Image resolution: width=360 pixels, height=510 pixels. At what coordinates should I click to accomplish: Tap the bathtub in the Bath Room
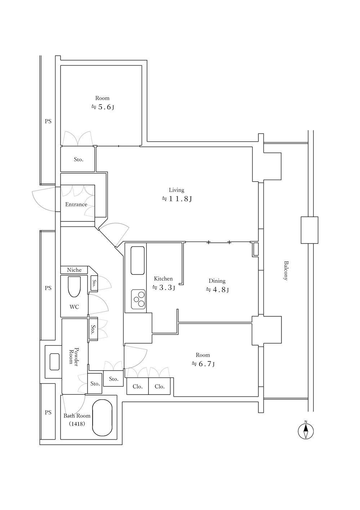pyautogui.click(x=102, y=418)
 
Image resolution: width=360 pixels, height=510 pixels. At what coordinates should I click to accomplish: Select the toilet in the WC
pyautogui.click(x=74, y=286)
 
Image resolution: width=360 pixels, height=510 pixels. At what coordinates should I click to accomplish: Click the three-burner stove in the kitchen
pyautogui.click(x=138, y=299)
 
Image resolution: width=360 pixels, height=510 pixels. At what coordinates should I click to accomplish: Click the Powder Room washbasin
pyautogui.click(x=54, y=362)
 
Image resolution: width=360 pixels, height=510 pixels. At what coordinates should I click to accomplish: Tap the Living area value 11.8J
pyautogui.click(x=177, y=199)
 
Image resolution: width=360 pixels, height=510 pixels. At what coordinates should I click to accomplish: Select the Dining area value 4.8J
pyautogui.click(x=217, y=290)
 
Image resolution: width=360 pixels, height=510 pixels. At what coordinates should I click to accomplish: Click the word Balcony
pyautogui.click(x=286, y=271)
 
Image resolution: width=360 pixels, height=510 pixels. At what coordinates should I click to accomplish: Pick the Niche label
pyautogui.click(x=74, y=270)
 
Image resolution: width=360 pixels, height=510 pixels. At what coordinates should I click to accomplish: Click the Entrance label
pyautogui.click(x=76, y=204)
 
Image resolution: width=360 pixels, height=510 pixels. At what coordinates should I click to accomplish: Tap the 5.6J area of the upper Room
pyautogui.click(x=103, y=107)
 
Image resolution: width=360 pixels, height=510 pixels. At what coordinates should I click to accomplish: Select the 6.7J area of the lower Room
pyautogui.click(x=203, y=364)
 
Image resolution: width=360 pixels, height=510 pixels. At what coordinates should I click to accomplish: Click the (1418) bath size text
pyautogui.click(x=77, y=424)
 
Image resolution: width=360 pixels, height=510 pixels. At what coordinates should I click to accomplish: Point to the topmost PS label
pyautogui.click(x=48, y=122)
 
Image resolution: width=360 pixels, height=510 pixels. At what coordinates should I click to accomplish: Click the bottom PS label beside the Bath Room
pyautogui.click(x=48, y=412)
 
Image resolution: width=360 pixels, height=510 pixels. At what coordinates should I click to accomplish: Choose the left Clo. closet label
pyautogui.click(x=138, y=386)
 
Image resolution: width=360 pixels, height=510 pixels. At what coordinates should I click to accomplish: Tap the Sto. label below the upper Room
pyautogui.click(x=79, y=159)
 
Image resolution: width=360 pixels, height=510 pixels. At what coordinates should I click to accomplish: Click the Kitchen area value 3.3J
pyautogui.click(x=164, y=287)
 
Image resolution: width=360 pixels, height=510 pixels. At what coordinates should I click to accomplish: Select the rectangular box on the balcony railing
pyautogui.click(x=309, y=230)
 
